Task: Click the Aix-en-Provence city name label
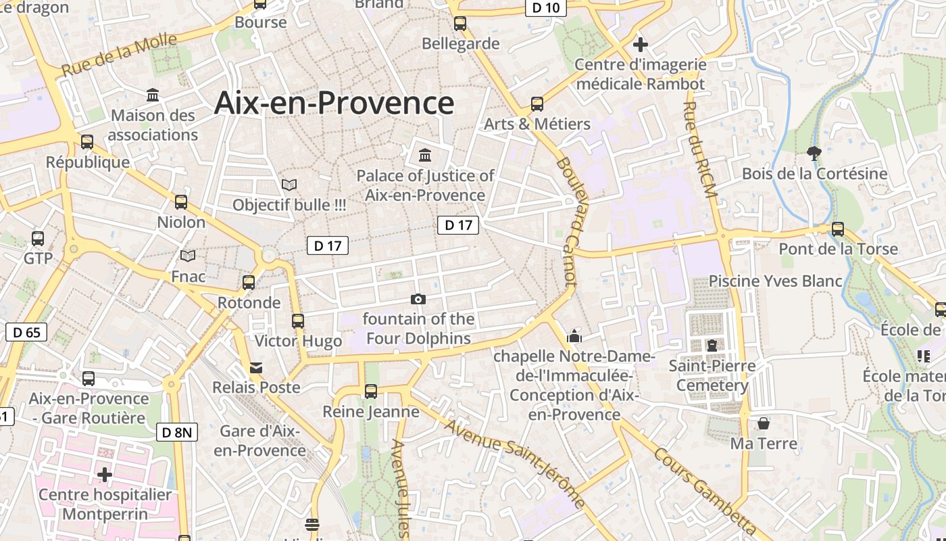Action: click(x=334, y=103)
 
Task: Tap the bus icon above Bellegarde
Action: click(x=460, y=24)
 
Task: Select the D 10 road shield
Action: click(x=545, y=7)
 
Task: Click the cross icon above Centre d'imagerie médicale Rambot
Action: click(x=641, y=45)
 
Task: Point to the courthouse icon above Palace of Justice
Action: click(x=425, y=156)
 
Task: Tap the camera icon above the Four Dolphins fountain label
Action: click(x=418, y=300)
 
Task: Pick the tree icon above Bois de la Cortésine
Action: click(x=814, y=154)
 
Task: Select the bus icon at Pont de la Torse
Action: click(x=838, y=229)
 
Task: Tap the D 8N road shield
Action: click(x=177, y=432)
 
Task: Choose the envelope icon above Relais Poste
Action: click(x=256, y=368)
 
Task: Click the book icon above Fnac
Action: click(x=188, y=256)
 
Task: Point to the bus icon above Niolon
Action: click(x=181, y=202)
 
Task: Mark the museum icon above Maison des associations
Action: click(x=153, y=95)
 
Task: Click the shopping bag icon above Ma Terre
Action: click(x=764, y=424)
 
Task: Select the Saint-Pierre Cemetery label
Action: click(x=712, y=376)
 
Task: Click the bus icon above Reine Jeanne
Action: click(x=370, y=391)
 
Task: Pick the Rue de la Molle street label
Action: click(x=119, y=55)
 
